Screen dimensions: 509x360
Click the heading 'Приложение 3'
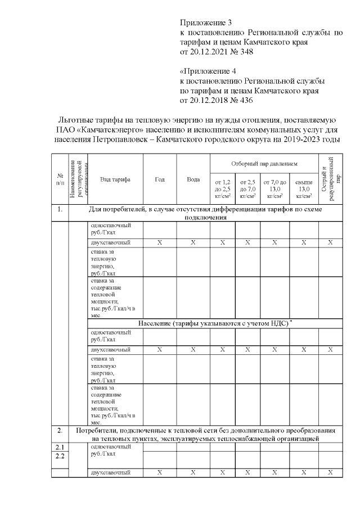(205, 23)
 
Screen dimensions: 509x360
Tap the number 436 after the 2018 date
(245, 101)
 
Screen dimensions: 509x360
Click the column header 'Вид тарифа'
(115, 179)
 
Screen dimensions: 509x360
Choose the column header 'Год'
(160, 179)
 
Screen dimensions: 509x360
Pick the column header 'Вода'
(193, 179)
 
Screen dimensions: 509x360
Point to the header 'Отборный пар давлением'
(264, 164)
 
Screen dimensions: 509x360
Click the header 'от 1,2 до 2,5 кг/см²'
(223, 189)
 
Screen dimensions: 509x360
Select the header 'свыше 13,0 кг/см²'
(304, 189)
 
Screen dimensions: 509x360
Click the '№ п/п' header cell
(60, 179)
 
